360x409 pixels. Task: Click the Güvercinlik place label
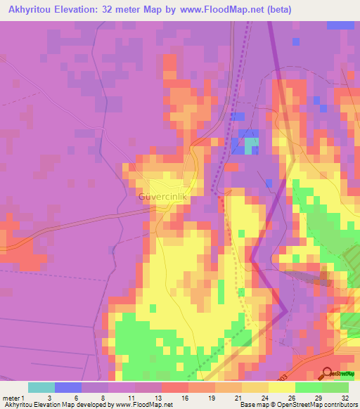pyautogui.click(x=162, y=197)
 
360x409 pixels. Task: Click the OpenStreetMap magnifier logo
pyautogui.click(x=327, y=374)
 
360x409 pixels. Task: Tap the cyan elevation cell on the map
pyautogui.click(x=251, y=145)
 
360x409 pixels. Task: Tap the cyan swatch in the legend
pyautogui.click(x=41, y=387)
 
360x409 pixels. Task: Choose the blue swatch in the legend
pyautogui.click(x=68, y=387)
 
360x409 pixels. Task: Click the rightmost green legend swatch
pyautogui.click(x=335, y=387)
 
